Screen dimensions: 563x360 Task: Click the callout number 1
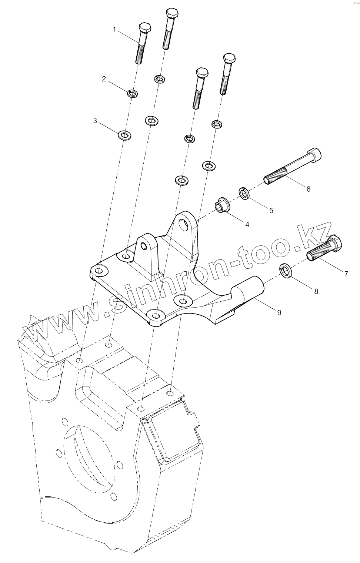115,29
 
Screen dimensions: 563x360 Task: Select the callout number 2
104,79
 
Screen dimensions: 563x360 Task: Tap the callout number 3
95,121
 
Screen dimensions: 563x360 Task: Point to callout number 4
247,224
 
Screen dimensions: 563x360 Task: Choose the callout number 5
271,210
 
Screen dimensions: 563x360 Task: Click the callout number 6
308,189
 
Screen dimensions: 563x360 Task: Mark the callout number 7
346,274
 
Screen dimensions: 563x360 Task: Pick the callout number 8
316,291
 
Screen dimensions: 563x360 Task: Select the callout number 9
279,312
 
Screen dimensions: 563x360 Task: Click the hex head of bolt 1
144,28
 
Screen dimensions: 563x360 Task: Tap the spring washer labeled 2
132,93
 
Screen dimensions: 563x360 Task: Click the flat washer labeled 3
125,135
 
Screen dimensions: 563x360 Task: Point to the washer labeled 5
244,193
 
